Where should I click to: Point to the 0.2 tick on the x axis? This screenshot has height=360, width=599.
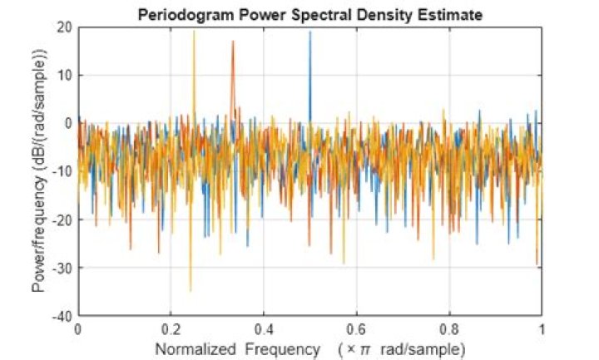(x=171, y=328)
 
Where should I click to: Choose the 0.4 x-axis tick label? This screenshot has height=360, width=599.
(x=264, y=328)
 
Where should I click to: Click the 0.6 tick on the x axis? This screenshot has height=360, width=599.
(x=356, y=328)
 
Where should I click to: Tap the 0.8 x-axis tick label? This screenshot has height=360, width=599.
(x=449, y=328)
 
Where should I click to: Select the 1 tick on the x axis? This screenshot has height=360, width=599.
(x=542, y=328)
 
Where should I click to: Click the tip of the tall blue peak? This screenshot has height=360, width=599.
(x=309, y=32)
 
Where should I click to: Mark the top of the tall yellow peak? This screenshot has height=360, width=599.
(x=194, y=32)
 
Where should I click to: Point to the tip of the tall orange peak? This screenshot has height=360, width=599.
(x=233, y=42)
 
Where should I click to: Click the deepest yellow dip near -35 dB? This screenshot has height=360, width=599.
(x=191, y=290)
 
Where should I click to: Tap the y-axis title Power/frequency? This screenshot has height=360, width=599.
(x=39, y=170)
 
